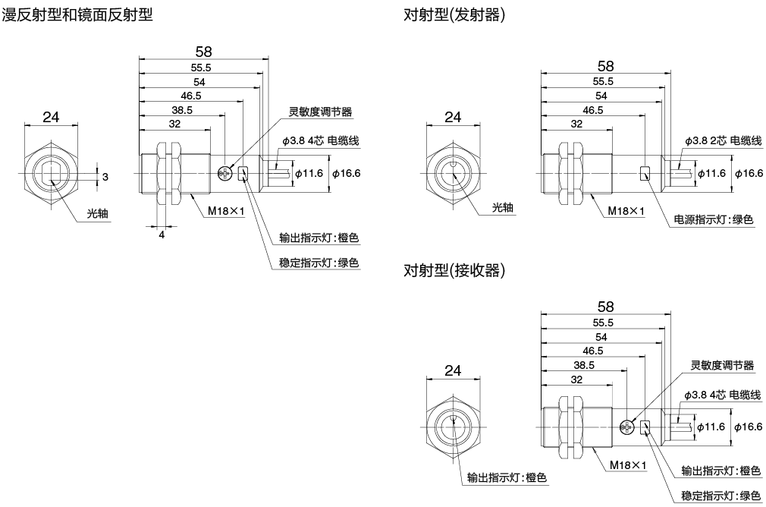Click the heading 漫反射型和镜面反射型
(78, 14)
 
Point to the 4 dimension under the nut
(162, 235)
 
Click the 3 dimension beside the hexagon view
(105, 176)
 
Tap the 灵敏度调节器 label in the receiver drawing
(722, 366)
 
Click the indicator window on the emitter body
(645, 174)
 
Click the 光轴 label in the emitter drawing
(503, 207)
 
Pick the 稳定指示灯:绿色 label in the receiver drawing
(720, 496)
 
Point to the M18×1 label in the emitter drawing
(626, 212)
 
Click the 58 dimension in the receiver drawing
(605, 307)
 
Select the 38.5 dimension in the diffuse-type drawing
(181, 109)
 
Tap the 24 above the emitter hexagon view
(453, 117)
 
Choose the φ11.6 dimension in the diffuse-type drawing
(308, 174)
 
